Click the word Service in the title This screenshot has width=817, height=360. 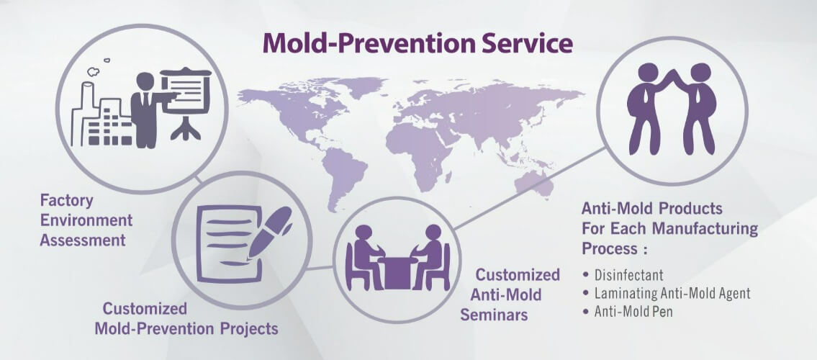(526, 43)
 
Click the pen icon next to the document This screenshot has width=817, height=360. (269, 232)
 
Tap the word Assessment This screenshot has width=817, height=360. (83, 240)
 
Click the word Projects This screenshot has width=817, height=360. (249, 329)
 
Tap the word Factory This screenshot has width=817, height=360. (67, 201)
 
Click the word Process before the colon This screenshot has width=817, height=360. (610, 248)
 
